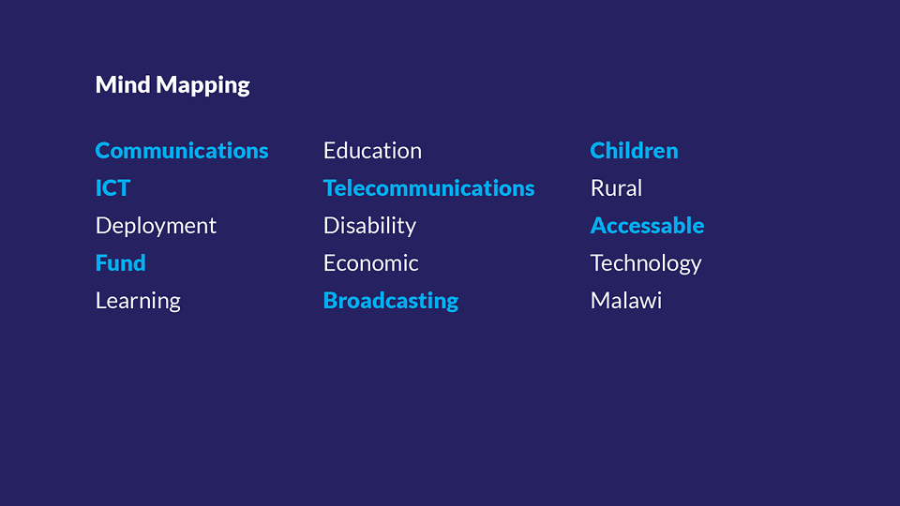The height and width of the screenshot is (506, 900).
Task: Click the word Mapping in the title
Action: pos(203,86)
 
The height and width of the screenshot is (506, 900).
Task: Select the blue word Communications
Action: pos(181,150)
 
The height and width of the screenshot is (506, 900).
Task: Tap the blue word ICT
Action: pos(113,188)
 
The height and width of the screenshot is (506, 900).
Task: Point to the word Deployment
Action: pos(157,227)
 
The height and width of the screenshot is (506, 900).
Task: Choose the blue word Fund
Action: pos(121,262)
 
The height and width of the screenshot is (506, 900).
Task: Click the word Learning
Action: pos(138,301)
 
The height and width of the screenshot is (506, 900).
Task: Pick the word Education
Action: pos(372,150)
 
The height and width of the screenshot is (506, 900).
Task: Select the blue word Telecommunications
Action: pos(428,188)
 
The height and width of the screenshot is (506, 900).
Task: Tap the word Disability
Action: pos(369,227)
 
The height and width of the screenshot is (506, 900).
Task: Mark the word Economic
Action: pos(371,262)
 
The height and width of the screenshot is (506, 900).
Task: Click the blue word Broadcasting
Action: pos(391,301)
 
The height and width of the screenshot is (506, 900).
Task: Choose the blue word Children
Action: pos(635,150)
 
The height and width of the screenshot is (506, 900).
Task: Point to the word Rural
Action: pos(617,188)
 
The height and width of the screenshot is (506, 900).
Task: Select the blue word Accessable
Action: pos(648,226)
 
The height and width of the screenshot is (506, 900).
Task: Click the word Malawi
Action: pos(626,300)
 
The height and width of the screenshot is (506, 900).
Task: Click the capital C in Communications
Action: pos(104,150)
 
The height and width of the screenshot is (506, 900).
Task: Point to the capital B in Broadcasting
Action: pos(331,301)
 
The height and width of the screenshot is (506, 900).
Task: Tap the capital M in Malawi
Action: pos(601,301)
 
